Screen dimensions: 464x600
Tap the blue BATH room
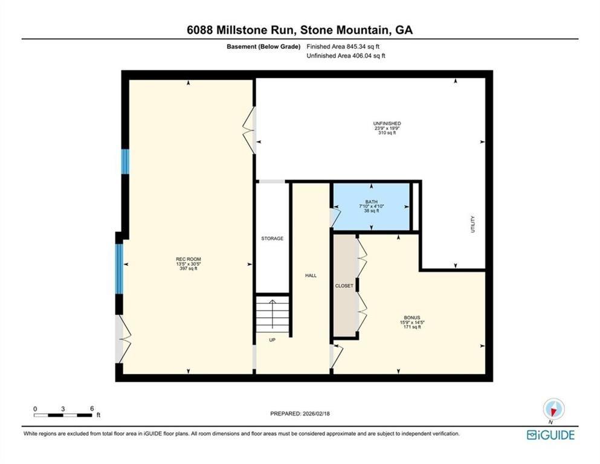pos(372,206)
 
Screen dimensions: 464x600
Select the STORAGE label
pos(272,239)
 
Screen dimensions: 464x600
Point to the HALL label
pos(311,275)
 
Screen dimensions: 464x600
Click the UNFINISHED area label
pos(387,123)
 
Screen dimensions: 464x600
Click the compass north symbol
pos(553,409)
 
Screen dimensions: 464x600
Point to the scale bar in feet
pos(63,415)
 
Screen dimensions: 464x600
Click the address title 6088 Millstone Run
pos(300,30)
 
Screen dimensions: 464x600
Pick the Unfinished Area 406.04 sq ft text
pos(346,56)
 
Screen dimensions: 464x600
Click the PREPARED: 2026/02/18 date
pos(300,413)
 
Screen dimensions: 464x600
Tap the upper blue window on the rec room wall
pos(125,161)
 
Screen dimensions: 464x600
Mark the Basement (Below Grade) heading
pos(263,46)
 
